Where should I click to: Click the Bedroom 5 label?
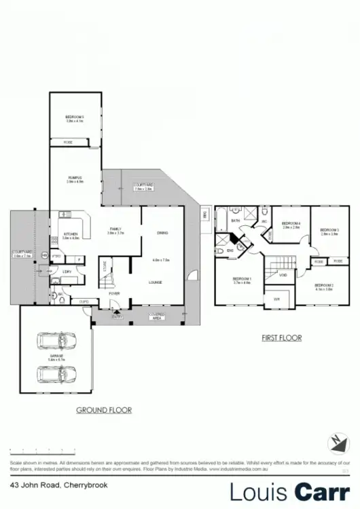click(x=74, y=117)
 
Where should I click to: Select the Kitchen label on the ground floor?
click(x=71, y=234)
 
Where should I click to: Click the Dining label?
click(x=162, y=233)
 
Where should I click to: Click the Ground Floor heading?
click(x=103, y=410)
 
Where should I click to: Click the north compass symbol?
click(x=336, y=442)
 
